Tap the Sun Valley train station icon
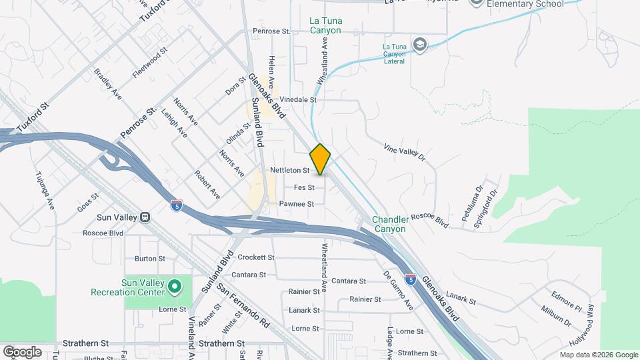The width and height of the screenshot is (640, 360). point(144,217)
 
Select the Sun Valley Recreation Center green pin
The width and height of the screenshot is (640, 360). point(175,287)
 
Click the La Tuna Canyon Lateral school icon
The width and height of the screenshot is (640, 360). point(419,45)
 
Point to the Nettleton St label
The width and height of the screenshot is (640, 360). point(290,171)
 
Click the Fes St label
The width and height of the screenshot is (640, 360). point(303,187)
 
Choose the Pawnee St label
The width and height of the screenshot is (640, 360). point(296,203)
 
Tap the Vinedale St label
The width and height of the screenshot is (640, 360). point(297,99)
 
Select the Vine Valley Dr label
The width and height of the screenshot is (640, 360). point(405,151)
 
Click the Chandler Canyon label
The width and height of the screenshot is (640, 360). point(389,224)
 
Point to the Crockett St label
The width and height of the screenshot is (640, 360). point(256,257)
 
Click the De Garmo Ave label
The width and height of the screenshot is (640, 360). point(399,289)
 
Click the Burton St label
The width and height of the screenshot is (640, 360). point(149,258)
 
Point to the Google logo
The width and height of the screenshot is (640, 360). point(22,351)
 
